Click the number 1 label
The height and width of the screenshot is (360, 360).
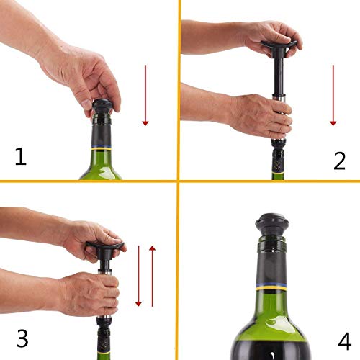[x=20, y=156]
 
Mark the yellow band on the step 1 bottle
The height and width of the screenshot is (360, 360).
[x=101, y=148]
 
